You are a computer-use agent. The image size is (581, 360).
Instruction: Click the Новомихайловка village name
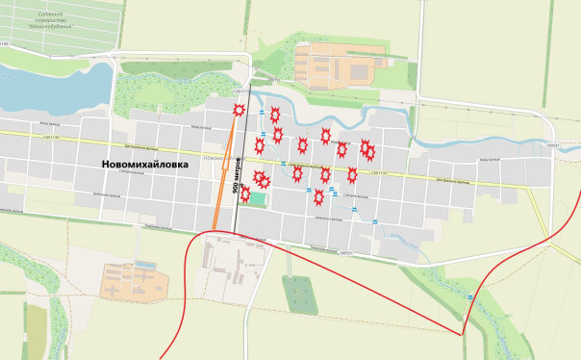click(x=145, y=165)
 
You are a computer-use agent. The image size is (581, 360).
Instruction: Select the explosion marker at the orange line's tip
click(x=239, y=111)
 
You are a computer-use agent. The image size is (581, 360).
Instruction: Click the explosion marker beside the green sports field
click(x=245, y=193)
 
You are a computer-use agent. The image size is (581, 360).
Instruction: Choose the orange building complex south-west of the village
click(x=135, y=281)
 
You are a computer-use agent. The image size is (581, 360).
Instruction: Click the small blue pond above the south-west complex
click(x=145, y=263)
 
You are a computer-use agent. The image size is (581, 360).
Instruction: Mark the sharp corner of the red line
click(x=464, y=334)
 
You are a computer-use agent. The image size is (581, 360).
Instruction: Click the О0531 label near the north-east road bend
click(x=552, y=145)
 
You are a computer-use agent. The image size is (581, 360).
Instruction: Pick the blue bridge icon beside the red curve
click(x=469, y=299)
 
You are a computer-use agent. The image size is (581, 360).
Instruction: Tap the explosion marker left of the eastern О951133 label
click(x=352, y=174)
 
